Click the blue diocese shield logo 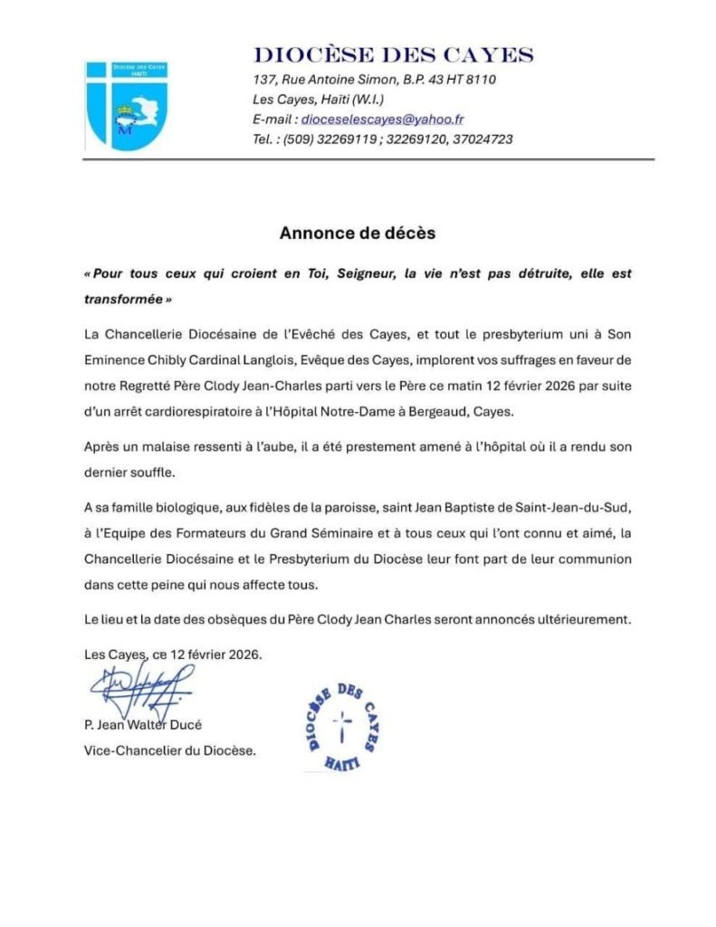(x=125, y=104)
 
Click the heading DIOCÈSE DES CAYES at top (x=393, y=54)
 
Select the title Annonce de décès (x=358, y=234)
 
